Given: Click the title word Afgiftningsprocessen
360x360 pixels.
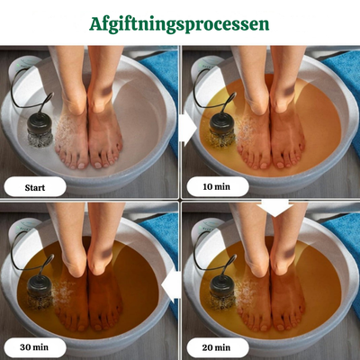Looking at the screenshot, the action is tap(179, 24).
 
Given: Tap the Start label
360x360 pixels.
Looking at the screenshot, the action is tap(35, 188).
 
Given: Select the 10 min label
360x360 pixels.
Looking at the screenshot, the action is tap(216, 186).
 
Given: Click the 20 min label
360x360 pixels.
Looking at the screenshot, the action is tap(216, 347).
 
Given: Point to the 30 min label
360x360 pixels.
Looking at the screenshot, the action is tap(34, 347).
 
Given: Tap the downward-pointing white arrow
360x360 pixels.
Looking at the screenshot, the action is tap(274, 207).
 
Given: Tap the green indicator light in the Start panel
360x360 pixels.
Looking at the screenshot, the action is tap(18, 64).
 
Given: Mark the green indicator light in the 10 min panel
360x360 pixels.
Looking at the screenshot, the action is tap(201, 65).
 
